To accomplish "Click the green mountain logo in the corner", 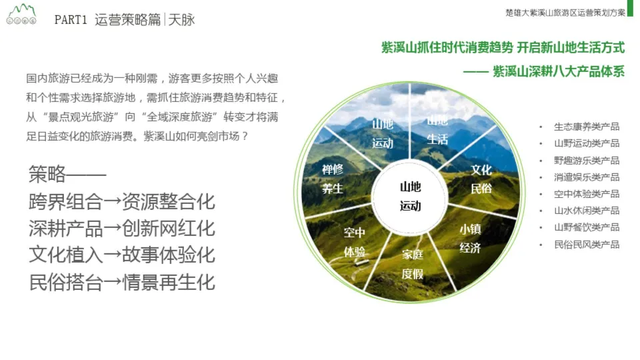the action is (x=20, y=15).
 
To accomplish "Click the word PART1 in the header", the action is (x=71, y=20).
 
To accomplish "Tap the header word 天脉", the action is (x=182, y=20).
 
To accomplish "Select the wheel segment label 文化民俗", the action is (x=481, y=179).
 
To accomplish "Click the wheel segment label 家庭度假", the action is (x=412, y=264).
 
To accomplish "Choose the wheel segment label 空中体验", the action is (x=354, y=242).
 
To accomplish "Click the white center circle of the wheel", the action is (x=410, y=196).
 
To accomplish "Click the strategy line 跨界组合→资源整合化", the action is (x=122, y=202).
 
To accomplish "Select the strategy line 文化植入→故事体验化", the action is (x=122, y=255).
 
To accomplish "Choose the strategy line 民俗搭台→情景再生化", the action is (x=122, y=282).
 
